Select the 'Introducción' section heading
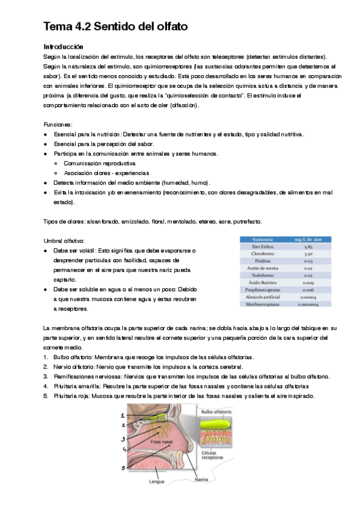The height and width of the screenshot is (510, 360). tap(64, 46)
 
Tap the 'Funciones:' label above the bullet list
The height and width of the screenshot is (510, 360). tap(58, 123)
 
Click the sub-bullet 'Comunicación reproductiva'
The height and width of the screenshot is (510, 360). tap(99, 163)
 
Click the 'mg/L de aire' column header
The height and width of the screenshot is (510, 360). tap(307, 239)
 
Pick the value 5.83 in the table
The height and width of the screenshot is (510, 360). tap(307, 247)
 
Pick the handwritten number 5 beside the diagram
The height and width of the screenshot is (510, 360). tap(123, 467)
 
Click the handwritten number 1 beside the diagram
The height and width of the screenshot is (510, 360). tap(123, 415)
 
